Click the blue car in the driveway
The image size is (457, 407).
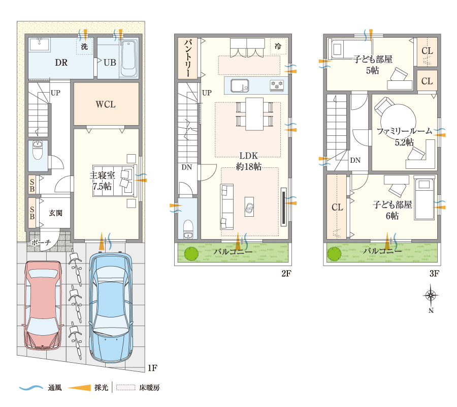point(111,307)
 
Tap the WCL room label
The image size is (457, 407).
point(106,104)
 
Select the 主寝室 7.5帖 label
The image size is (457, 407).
point(102,181)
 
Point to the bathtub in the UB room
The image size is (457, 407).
point(128,59)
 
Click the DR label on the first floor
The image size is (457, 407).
point(61,63)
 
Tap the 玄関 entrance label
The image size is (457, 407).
point(56,213)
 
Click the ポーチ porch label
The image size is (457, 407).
point(41,242)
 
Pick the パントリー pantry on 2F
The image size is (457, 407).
point(188,58)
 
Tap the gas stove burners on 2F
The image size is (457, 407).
point(277,85)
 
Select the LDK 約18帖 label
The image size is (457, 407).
point(249,161)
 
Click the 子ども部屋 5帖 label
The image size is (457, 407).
point(373,65)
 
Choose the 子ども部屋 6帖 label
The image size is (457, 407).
point(393,210)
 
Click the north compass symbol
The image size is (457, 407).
point(431,296)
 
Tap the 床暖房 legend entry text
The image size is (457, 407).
point(149,388)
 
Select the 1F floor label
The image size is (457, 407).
point(152,368)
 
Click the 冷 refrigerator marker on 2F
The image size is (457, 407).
point(278,46)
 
